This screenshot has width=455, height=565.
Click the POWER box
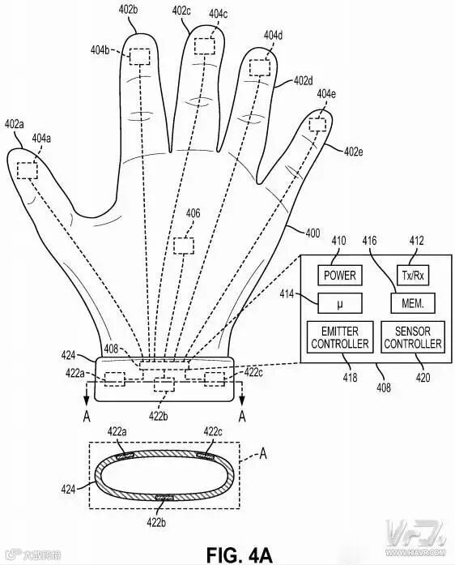click(339, 276)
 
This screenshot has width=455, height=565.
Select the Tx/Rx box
click(413, 276)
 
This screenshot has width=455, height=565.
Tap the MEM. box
click(413, 303)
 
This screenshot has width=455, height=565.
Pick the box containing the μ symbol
click(340, 303)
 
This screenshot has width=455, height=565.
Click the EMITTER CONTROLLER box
click(340, 337)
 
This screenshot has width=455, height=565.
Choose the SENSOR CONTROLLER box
click(413, 337)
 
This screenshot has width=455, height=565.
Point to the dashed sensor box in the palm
click(184, 246)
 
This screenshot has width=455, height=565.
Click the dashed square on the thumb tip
click(28, 170)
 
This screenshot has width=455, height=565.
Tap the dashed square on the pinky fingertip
click(317, 125)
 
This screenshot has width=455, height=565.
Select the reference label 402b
click(128, 10)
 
